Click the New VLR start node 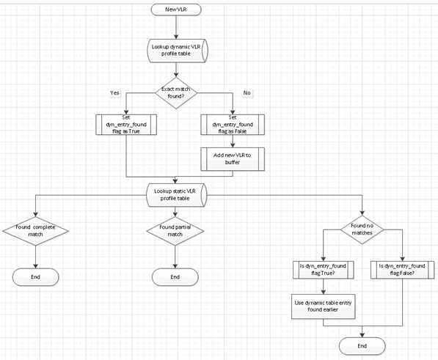176,10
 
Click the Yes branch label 115,92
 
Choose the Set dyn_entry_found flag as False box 232,125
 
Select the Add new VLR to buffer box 232,159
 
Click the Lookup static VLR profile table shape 176,195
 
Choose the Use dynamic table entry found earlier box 323,305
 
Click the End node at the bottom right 361,345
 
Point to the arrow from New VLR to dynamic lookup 176,28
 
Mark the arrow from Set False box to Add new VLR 232,142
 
